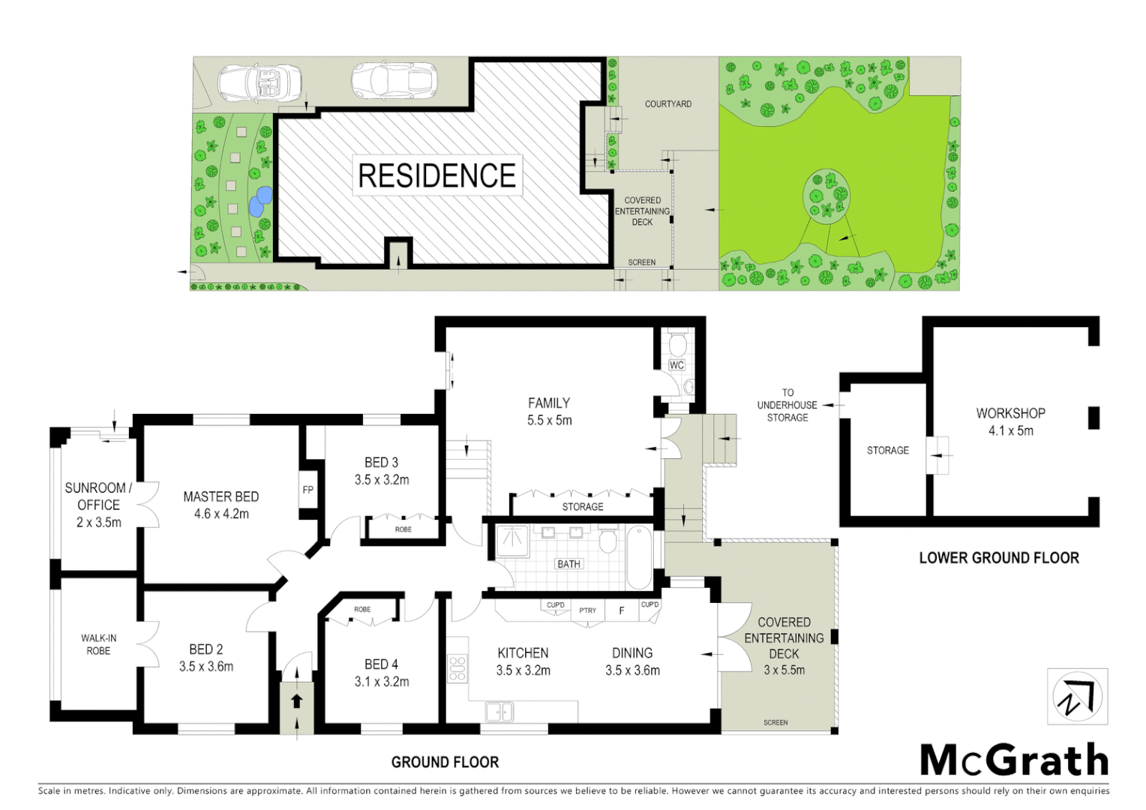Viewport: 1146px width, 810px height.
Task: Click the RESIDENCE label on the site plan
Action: (x=437, y=175)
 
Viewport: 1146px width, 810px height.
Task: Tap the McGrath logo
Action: (x=1014, y=760)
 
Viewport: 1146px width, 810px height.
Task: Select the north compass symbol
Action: (x=1078, y=697)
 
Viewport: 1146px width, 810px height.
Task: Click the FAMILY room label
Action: (x=549, y=412)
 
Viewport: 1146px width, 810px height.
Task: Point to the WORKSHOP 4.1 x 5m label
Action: (x=1010, y=421)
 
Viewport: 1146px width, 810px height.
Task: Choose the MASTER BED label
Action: (x=221, y=505)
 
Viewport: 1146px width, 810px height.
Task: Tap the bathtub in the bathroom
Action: (x=639, y=557)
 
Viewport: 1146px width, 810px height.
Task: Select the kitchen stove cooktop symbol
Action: (x=457, y=668)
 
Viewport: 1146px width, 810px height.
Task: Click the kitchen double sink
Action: (x=499, y=710)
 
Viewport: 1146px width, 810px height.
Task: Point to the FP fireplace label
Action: (x=308, y=490)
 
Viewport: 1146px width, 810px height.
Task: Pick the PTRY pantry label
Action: (x=588, y=610)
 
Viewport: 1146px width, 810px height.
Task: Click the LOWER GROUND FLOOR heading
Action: (x=999, y=558)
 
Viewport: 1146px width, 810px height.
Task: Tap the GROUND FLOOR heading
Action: (x=445, y=762)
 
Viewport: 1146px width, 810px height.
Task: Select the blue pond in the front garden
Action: (x=260, y=200)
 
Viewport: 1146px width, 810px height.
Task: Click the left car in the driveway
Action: (x=259, y=82)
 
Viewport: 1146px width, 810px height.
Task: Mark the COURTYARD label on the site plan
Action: (x=668, y=104)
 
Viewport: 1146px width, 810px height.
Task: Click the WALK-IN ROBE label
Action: (x=99, y=644)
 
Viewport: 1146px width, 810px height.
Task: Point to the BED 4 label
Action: (x=381, y=673)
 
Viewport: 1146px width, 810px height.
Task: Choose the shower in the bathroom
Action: (x=514, y=541)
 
